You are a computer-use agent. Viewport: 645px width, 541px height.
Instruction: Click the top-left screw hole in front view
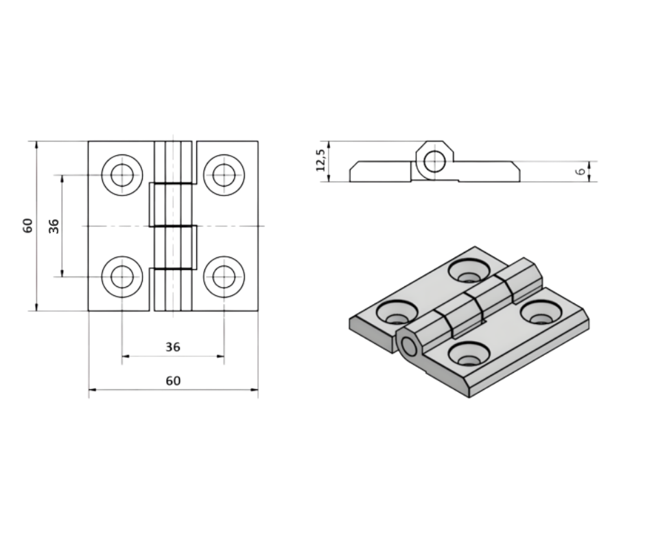pyautogui.click(x=122, y=174)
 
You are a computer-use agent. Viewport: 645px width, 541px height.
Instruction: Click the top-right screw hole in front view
pyautogui.click(x=224, y=174)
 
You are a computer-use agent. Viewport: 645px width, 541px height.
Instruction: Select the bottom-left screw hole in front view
pyautogui.click(x=122, y=277)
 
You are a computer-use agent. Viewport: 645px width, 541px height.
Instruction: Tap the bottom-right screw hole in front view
pyautogui.click(x=224, y=277)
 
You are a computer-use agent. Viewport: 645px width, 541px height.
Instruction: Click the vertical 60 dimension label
pyautogui.click(x=27, y=225)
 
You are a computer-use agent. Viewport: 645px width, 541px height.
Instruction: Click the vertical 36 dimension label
pyautogui.click(x=54, y=225)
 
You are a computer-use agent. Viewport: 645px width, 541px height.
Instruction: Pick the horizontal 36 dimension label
pyautogui.click(x=173, y=347)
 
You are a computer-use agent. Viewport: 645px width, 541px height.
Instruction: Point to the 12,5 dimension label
pyautogui.click(x=320, y=162)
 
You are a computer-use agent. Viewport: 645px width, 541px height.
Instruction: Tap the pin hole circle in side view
pyautogui.click(x=433, y=162)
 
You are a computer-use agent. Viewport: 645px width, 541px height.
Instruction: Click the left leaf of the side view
pyautogui.click(x=379, y=172)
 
